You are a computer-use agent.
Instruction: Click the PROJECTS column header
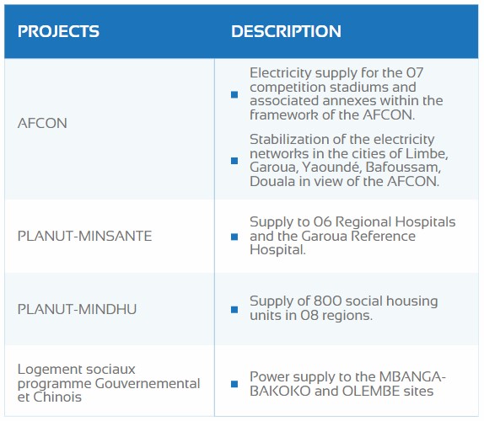[58, 31]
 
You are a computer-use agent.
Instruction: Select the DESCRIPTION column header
[286, 31]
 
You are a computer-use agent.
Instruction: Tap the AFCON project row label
[42, 123]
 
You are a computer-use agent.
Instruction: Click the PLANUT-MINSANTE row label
[84, 236]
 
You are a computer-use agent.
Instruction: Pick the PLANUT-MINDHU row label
[77, 309]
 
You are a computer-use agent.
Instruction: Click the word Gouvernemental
[148, 383]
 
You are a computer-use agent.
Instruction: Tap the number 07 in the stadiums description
[414, 73]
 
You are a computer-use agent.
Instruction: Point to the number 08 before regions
[309, 315]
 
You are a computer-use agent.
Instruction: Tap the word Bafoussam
[403, 168]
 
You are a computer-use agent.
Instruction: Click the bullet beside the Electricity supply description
[234, 94]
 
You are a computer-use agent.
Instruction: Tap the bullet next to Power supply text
[234, 384]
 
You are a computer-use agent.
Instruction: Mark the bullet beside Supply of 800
[234, 309]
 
